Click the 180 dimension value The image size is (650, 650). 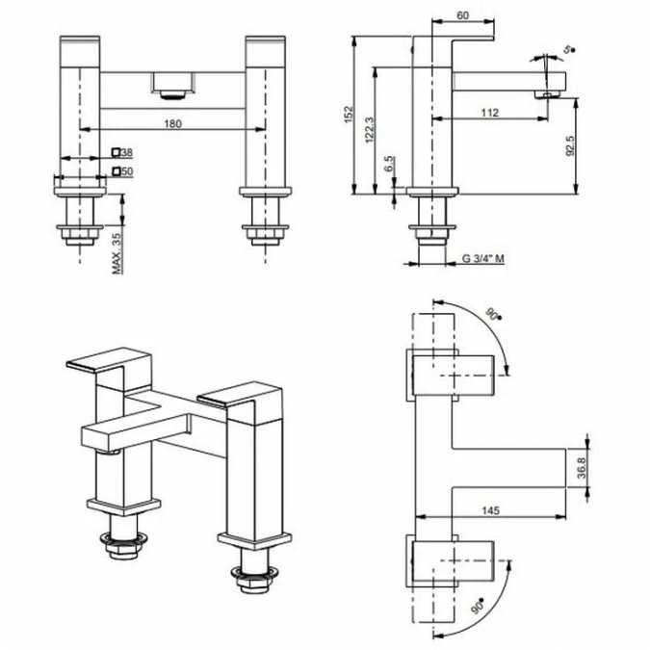click(173, 123)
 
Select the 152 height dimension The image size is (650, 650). click(349, 115)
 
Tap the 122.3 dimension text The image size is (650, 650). click(370, 130)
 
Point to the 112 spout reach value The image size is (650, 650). click(489, 113)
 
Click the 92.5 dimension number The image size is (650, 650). click(570, 145)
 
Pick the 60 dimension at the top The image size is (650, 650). click(462, 15)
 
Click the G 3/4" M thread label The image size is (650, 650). click(483, 259)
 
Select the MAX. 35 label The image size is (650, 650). click(117, 253)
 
